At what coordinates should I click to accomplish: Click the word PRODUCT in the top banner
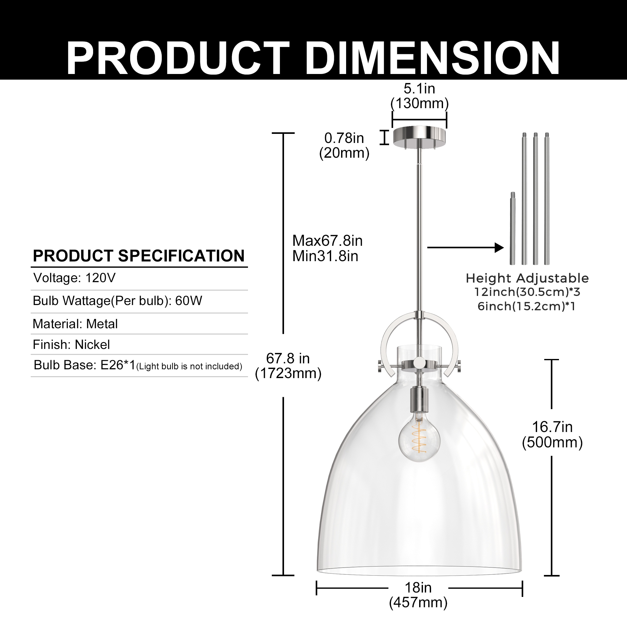point(178,58)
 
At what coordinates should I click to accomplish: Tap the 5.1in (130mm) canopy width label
point(419,96)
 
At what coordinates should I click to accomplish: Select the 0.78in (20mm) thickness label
point(344,145)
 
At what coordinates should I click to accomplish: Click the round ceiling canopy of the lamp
point(419,136)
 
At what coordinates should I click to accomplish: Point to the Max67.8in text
point(327,241)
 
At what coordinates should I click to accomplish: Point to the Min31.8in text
point(325,256)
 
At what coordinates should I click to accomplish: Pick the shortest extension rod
point(513,229)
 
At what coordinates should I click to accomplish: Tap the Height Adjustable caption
point(527,278)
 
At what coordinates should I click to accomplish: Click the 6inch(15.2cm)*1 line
point(526,306)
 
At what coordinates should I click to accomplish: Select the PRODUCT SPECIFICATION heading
point(139,256)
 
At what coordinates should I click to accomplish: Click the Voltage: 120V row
point(75,278)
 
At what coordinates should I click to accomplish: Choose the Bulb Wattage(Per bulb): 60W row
point(118,301)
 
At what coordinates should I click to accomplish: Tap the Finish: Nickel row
point(71,345)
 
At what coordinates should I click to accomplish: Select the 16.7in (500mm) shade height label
point(552,434)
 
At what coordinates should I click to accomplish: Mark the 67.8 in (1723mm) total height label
point(288,366)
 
